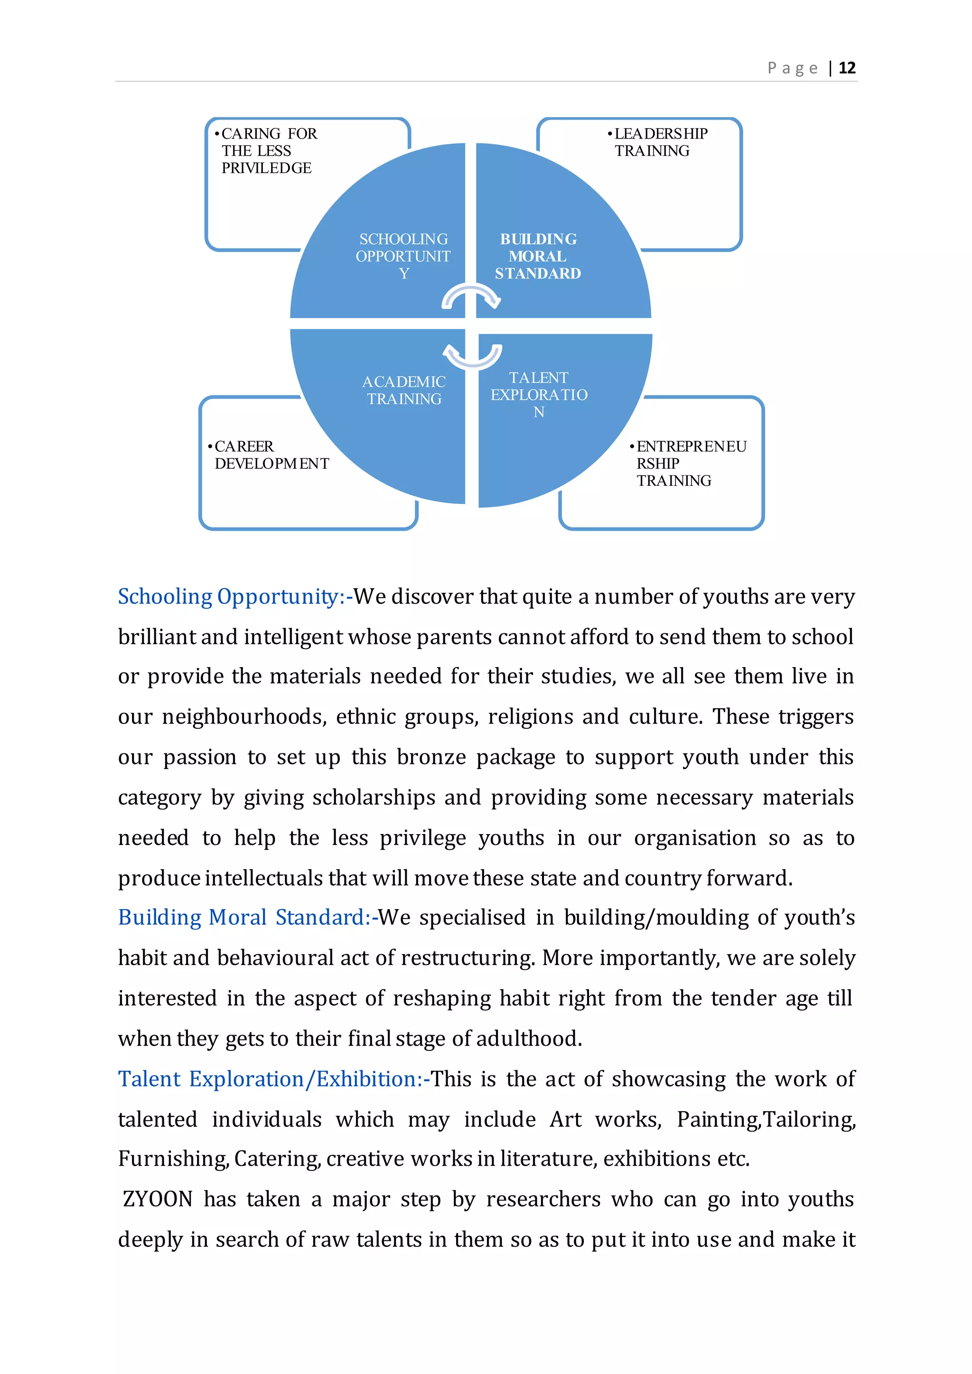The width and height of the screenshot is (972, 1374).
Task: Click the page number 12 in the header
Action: (x=847, y=68)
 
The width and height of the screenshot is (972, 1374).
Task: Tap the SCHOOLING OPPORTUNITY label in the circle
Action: (x=403, y=256)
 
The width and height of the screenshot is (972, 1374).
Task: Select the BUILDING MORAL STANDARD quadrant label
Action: (x=538, y=256)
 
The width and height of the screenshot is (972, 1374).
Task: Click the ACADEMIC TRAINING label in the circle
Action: (x=404, y=390)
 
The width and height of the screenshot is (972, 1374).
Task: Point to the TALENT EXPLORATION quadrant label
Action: (x=539, y=395)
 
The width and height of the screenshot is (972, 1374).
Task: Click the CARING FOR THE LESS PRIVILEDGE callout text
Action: (x=267, y=151)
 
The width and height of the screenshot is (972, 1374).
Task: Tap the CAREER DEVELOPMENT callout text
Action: (x=271, y=455)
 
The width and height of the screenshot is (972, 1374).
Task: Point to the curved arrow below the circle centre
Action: (x=472, y=355)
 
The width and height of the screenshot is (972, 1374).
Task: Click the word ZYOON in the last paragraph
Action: (x=158, y=1200)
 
